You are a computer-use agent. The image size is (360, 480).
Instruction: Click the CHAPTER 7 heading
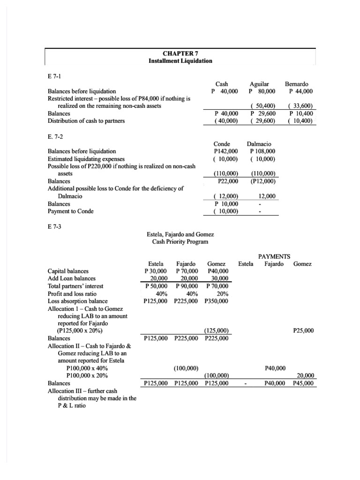tap(180, 53)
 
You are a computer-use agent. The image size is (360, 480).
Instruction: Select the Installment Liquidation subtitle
tap(180, 61)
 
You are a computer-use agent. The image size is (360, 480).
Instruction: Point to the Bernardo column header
tap(300, 83)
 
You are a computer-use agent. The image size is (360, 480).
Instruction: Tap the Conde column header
tap(222, 143)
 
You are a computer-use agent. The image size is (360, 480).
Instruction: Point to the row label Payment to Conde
tap(71, 211)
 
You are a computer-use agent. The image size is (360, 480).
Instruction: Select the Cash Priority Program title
tap(180, 241)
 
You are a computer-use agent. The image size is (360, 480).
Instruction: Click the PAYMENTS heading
tap(274, 256)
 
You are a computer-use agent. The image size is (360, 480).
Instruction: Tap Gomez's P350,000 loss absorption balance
tap(217, 301)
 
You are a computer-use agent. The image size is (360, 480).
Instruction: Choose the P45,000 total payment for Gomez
tap(303, 383)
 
